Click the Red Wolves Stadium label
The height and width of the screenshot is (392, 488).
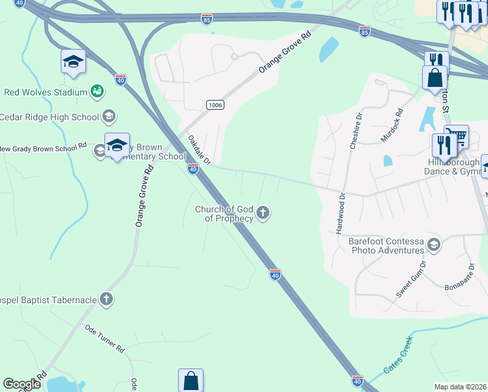(46, 92)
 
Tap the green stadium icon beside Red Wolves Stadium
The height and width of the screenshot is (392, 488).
(97, 91)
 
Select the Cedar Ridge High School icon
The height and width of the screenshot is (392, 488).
(109, 117)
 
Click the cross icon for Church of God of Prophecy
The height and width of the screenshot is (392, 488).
(263, 212)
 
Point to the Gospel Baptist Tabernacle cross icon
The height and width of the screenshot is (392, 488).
(106, 299)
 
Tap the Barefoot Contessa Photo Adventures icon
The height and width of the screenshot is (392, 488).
(433, 245)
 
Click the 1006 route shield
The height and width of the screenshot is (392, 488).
(215, 105)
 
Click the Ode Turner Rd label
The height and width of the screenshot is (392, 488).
(104, 340)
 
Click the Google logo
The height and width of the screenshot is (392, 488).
(22, 384)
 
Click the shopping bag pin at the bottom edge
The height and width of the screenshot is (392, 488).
(191, 380)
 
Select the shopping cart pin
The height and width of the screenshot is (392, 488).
(457, 135)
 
